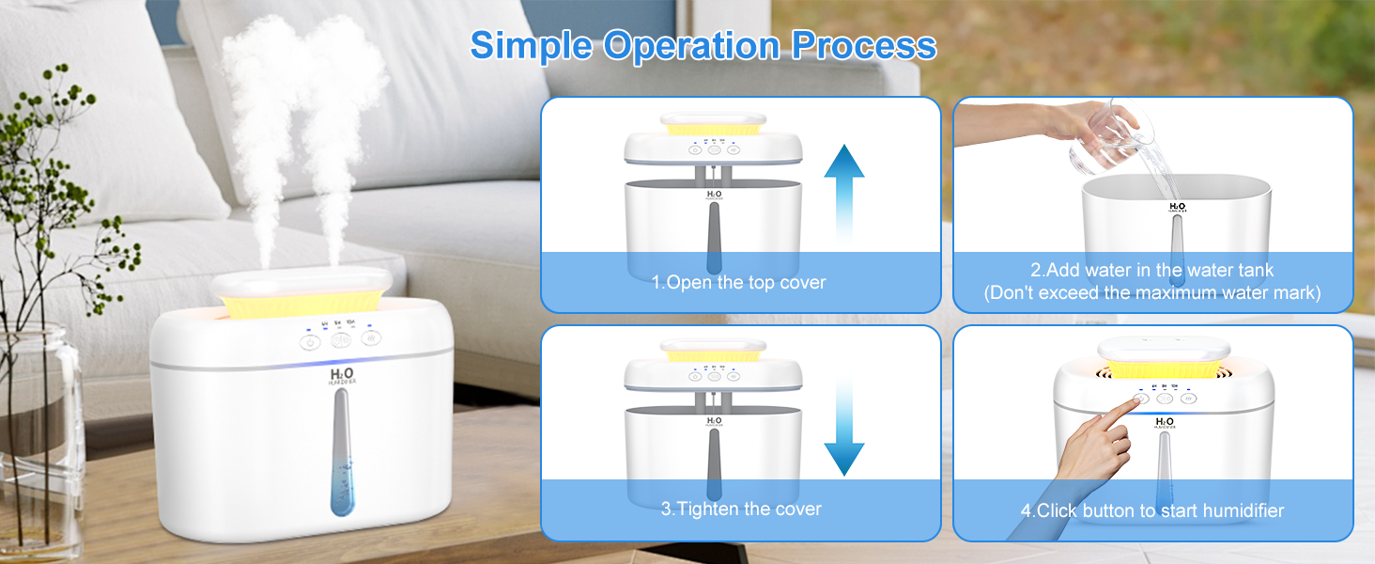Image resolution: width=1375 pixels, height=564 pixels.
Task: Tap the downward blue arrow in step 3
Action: point(843,428)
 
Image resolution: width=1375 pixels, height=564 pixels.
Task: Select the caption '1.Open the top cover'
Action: point(739,283)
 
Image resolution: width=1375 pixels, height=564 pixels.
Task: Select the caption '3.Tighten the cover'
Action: point(740,509)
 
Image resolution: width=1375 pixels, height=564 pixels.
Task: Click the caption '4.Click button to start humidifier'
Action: point(1152,511)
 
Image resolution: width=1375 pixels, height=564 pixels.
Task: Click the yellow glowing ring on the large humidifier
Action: point(301,303)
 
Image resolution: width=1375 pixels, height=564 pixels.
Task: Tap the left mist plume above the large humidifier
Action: point(263,122)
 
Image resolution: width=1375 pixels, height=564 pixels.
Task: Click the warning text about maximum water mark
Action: point(1152,293)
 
